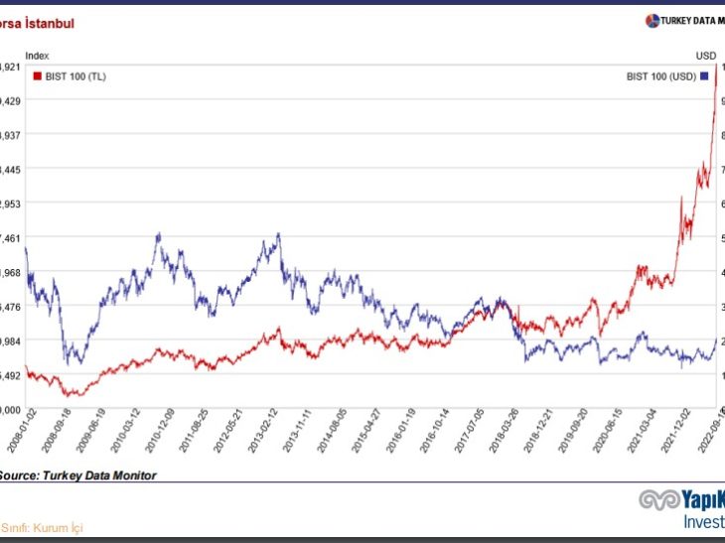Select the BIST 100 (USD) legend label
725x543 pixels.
pos(661,75)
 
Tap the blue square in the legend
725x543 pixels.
pos(704,75)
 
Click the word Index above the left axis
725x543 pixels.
pos(37,56)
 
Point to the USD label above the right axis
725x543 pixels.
pos(705,56)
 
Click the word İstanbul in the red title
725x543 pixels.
pos(43,22)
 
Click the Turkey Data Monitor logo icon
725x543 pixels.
pos(652,21)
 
